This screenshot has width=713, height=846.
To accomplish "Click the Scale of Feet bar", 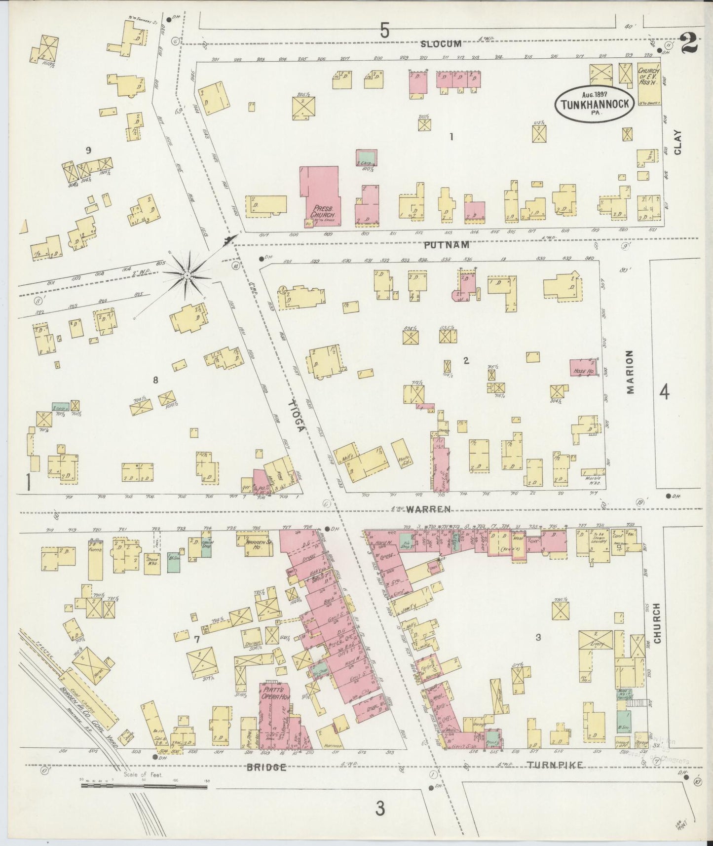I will pyautogui.click(x=144, y=787).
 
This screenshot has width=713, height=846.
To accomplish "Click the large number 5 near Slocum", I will pyautogui.click(x=385, y=31).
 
